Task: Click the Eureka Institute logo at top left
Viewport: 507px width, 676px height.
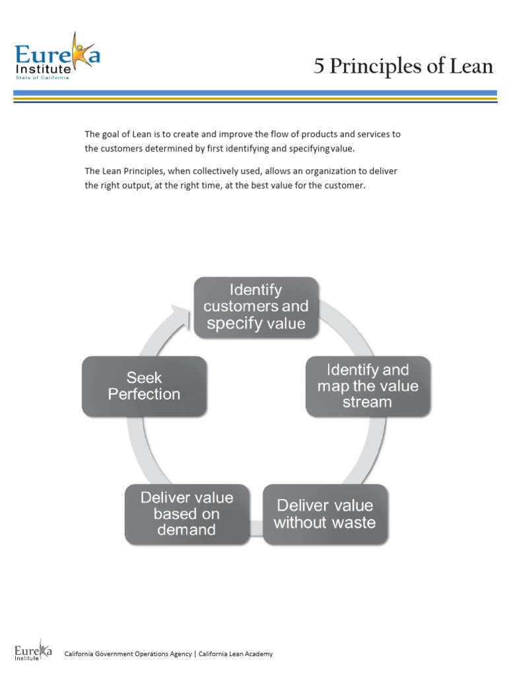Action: click(x=57, y=57)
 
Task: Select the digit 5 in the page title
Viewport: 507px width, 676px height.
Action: click(x=320, y=67)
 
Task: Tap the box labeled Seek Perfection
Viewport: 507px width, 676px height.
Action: click(x=144, y=386)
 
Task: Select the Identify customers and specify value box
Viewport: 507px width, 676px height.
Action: click(x=255, y=306)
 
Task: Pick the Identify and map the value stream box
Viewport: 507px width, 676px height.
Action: click(x=368, y=386)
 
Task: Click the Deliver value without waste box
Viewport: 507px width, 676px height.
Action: click(x=325, y=514)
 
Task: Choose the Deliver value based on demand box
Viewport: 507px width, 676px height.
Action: click(x=187, y=514)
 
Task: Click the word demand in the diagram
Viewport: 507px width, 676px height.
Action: click(x=186, y=530)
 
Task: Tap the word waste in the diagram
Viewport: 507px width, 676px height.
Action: click(x=352, y=523)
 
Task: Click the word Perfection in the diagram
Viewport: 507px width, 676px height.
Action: click(x=144, y=394)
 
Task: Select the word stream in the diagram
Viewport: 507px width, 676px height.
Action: click(x=367, y=402)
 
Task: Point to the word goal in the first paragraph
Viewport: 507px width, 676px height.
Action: click(x=109, y=134)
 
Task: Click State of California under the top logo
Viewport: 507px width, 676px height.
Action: click(x=43, y=77)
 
